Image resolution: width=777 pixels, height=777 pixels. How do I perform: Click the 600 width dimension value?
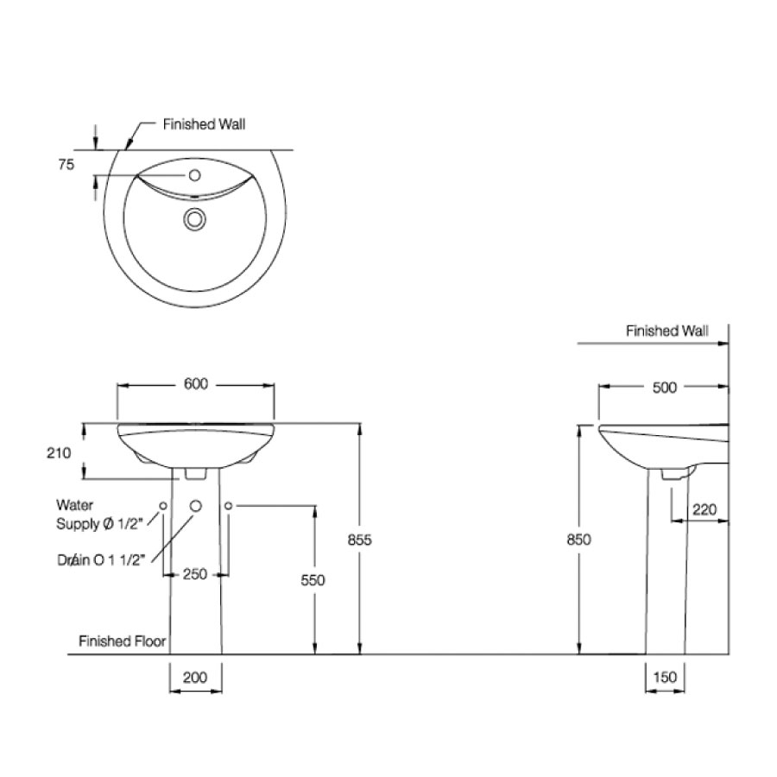[196, 385]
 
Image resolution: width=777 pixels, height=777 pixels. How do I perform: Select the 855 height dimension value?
[359, 540]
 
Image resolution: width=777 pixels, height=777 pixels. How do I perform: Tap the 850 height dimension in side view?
[578, 540]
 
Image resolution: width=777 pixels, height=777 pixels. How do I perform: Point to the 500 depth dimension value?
[664, 388]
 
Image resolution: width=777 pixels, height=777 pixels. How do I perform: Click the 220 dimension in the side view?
[704, 509]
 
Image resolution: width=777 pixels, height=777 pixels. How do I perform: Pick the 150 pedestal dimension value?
[666, 678]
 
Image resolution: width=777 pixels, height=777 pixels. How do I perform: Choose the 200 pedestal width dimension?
[196, 678]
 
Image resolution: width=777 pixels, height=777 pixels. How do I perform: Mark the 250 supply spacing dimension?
[195, 574]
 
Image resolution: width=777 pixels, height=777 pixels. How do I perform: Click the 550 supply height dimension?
[313, 580]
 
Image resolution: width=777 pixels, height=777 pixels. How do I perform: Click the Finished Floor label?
[122, 641]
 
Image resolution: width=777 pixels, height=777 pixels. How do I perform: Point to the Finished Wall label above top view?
[205, 124]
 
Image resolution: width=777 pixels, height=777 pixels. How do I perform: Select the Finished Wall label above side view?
[666, 331]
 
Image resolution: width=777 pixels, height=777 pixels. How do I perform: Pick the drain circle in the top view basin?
[195, 220]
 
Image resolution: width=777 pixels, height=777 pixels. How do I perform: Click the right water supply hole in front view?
[229, 505]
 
